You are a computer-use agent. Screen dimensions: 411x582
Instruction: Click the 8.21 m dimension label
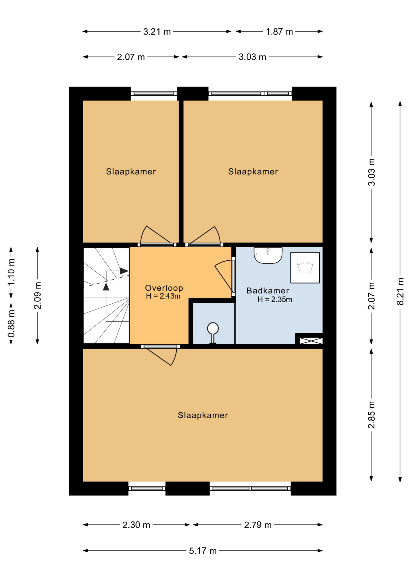[400, 292]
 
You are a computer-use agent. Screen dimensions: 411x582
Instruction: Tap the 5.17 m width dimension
[203, 551]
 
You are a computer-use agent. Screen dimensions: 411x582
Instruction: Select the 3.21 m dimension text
[157, 32]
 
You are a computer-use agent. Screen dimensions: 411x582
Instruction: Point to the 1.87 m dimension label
[279, 32]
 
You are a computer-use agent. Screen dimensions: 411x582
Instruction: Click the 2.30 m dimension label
[136, 525]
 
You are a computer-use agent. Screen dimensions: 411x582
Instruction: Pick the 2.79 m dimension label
[258, 525]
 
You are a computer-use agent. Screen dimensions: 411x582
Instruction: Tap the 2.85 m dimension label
[371, 415]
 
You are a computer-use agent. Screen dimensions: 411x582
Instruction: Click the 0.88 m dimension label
[11, 323]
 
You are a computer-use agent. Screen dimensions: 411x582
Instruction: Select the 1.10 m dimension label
[11, 272]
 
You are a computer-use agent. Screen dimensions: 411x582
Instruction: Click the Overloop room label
[164, 288]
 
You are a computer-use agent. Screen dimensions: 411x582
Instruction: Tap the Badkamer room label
[268, 291]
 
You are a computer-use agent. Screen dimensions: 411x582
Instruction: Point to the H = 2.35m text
[275, 299]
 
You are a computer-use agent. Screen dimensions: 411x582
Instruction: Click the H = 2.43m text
[163, 296]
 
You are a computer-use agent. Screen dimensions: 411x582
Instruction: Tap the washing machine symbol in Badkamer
[305, 268]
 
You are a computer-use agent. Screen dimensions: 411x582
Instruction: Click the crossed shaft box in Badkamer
[311, 341]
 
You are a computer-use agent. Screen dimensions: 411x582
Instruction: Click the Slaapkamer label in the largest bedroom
[203, 415]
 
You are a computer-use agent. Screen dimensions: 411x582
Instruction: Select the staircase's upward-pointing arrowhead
[106, 287]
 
